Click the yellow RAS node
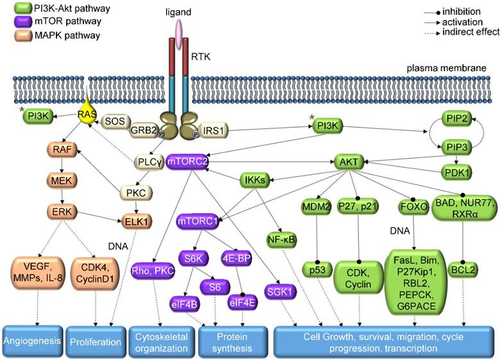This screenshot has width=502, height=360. pos(87,115)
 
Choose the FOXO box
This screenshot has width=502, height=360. pos(414,207)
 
